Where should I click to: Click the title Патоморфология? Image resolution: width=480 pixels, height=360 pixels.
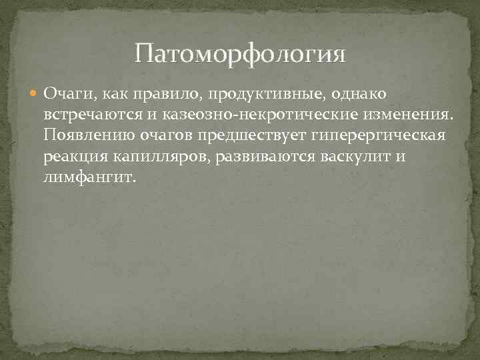point(240,53)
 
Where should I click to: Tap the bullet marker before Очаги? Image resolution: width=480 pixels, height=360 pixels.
point(33,93)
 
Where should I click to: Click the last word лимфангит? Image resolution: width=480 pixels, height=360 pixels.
point(89,179)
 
